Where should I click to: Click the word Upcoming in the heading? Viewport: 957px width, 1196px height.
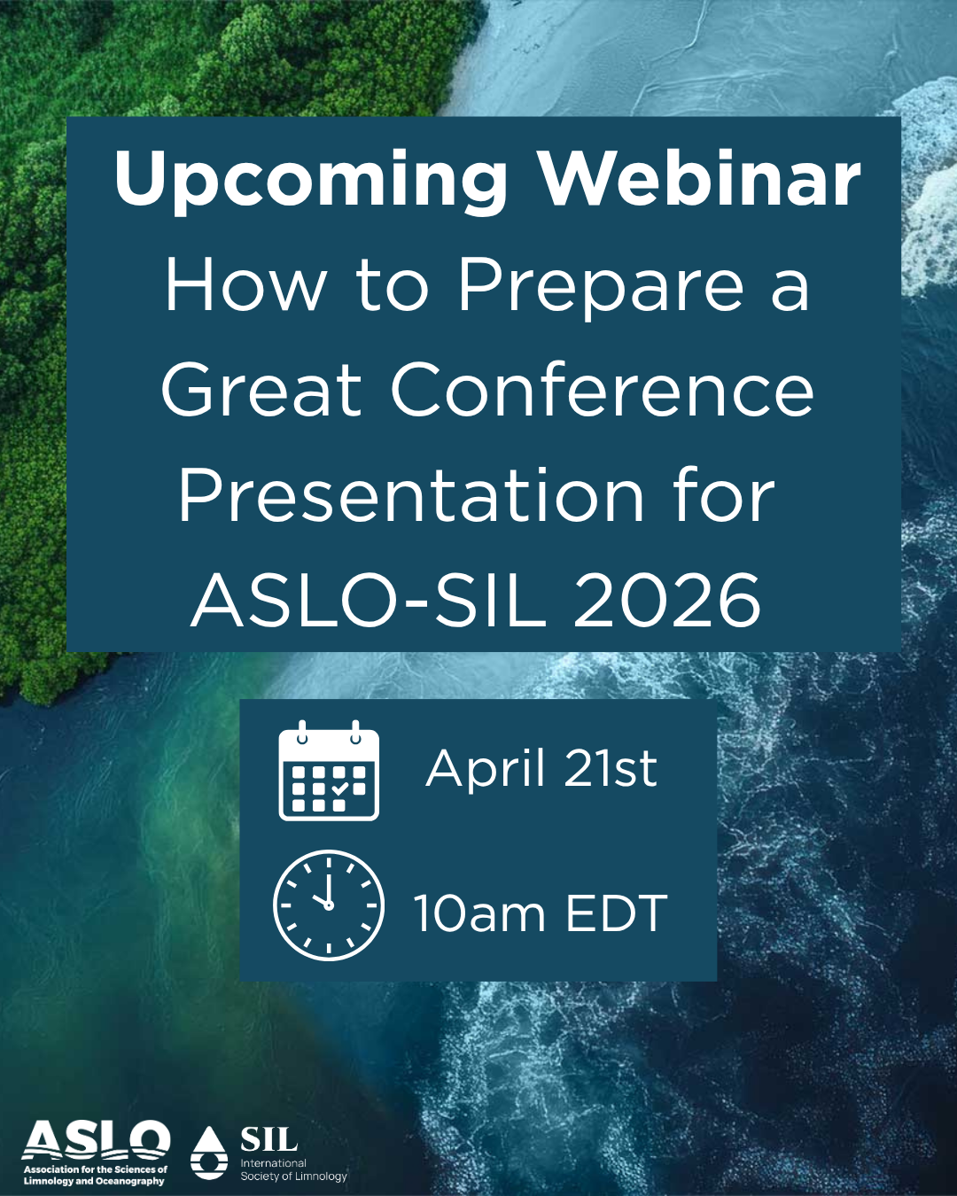[x=310, y=182]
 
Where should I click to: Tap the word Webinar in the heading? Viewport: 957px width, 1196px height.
[x=701, y=178]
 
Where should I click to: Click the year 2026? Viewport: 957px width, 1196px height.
[x=666, y=602]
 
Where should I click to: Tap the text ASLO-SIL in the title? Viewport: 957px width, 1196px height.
[x=369, y=602]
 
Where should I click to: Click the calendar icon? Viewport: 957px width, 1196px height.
[x=329, y=770]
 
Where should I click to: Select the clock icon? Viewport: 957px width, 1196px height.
[x=329, y=905]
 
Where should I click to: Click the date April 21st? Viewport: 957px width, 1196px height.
[x=541, y=769]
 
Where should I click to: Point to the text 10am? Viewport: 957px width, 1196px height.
[x=478, y=913]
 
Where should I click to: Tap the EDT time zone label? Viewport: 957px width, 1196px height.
[x=617, y=913]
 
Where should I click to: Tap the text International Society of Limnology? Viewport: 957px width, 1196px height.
[x=293, y=1169]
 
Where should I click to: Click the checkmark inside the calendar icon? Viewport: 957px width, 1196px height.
[x=339, y=788]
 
